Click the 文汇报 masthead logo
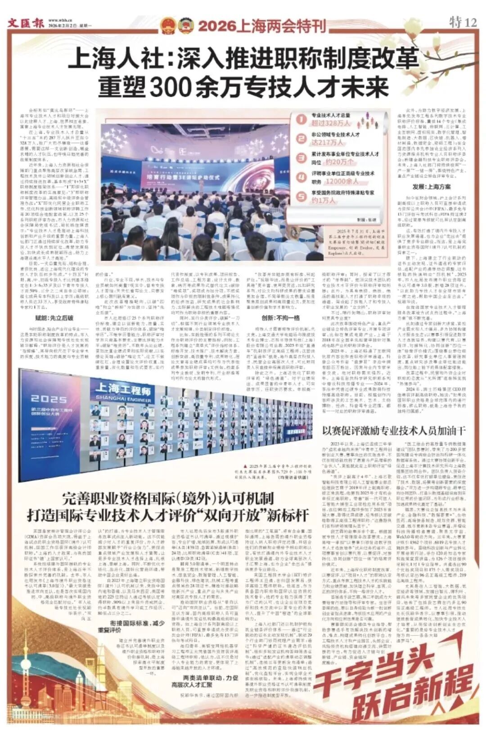pos(24,23)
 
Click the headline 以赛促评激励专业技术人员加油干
pos(394,430)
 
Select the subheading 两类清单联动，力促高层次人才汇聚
pos(211,681)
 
